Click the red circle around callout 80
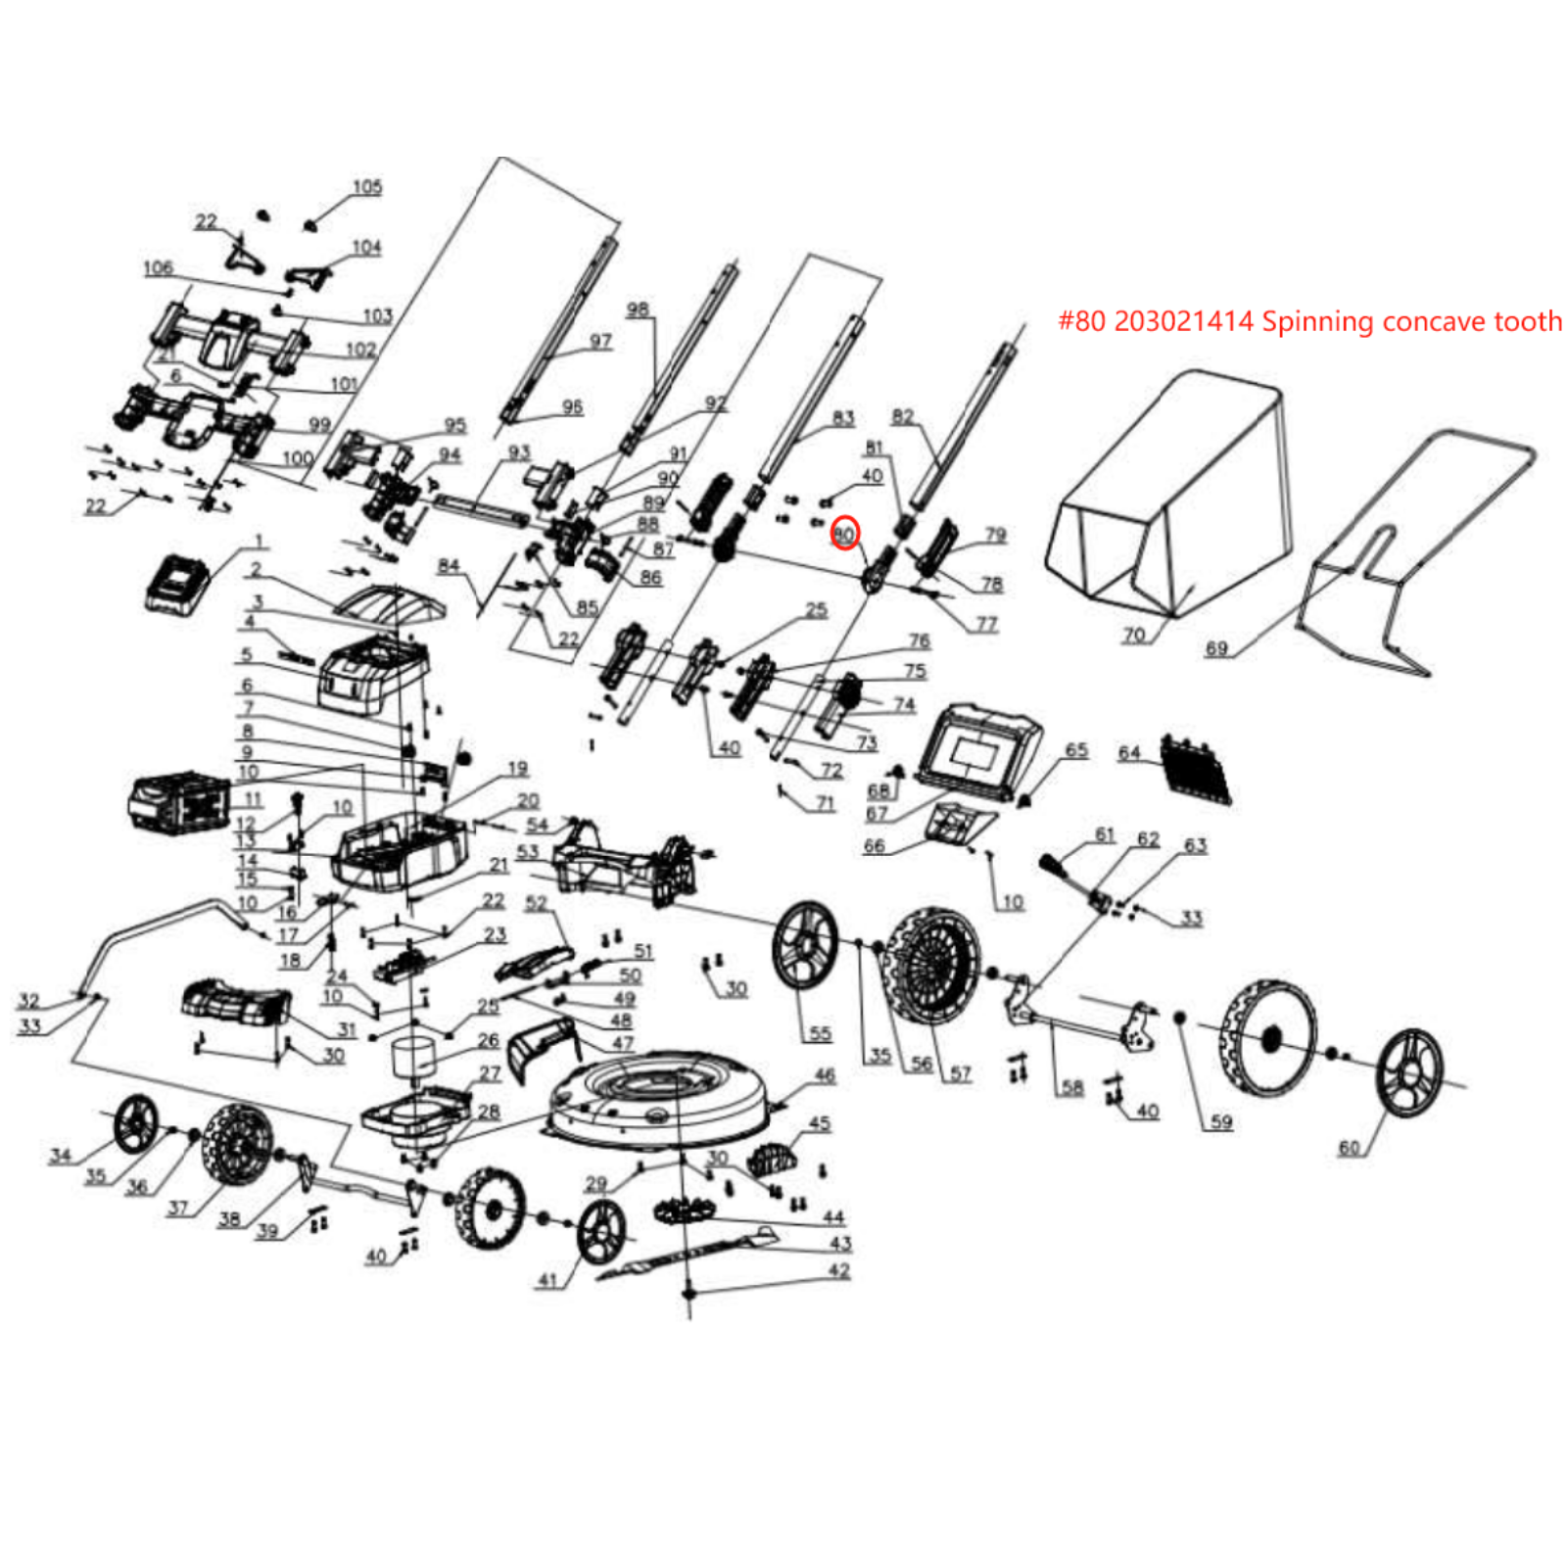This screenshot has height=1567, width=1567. point(844,534)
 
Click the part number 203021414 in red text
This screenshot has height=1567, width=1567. point(1183,321)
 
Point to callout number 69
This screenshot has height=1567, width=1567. point(1216,648)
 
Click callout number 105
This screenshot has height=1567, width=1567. point(367,186)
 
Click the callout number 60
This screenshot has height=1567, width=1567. point(1350,1147)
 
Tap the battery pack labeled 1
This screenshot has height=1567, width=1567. point(178,586)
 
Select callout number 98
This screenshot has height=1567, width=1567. point(638,309)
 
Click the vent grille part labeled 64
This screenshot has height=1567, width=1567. point(1196,770)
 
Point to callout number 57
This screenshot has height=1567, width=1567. point(961,1074)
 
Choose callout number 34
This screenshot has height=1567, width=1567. point(61,1156)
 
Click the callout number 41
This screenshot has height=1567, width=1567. point(548,1279)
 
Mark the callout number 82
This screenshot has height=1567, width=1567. point(902,416)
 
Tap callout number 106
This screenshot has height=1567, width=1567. point(158,267)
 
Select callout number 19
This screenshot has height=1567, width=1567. point(518,769)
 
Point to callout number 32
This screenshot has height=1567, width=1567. point(28,1000)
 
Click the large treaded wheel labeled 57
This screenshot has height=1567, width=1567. point(930,965)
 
